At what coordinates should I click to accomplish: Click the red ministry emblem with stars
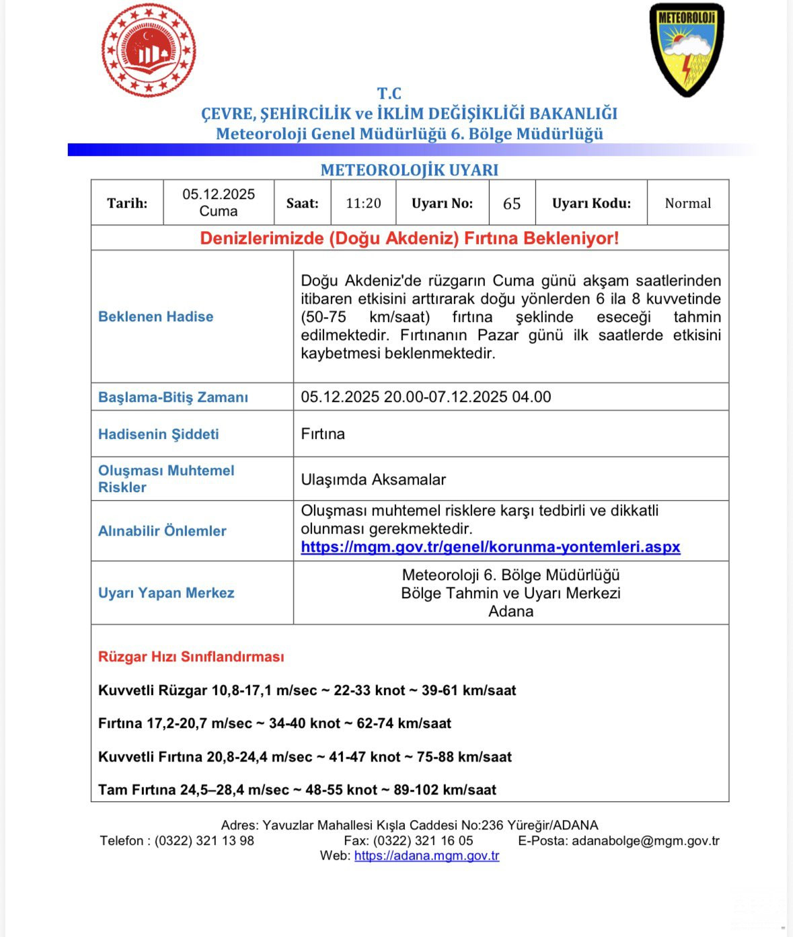pos(149,51)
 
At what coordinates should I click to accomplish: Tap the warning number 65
pos(512,203)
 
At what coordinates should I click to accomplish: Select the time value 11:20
pos(363,203)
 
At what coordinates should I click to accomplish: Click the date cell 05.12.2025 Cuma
pos(219,202)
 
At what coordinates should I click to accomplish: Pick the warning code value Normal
pos(687,203)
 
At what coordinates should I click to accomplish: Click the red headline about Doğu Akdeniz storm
pos(409,239)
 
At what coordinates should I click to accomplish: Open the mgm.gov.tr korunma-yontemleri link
pos(490,547)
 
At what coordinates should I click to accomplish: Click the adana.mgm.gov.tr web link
pos(426,856)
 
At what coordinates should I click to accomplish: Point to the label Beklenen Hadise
pos(155,317)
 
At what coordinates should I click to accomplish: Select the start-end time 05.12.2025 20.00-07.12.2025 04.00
pos(426,397)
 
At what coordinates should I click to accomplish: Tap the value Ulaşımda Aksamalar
pos(373,479)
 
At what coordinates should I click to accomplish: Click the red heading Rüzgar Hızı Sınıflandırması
pos(191,657)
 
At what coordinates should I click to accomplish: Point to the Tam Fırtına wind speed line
pos(297,790)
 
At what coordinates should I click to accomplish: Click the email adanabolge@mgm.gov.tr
pos(645,841)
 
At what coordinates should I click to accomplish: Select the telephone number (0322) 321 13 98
pos(204,841)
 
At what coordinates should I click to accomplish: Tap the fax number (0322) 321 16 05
pos(423,841)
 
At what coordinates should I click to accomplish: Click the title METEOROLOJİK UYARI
pos(409,170)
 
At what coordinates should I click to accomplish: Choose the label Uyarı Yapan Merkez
pos(166,593)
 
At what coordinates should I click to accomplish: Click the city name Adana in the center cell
pos(511,612)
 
